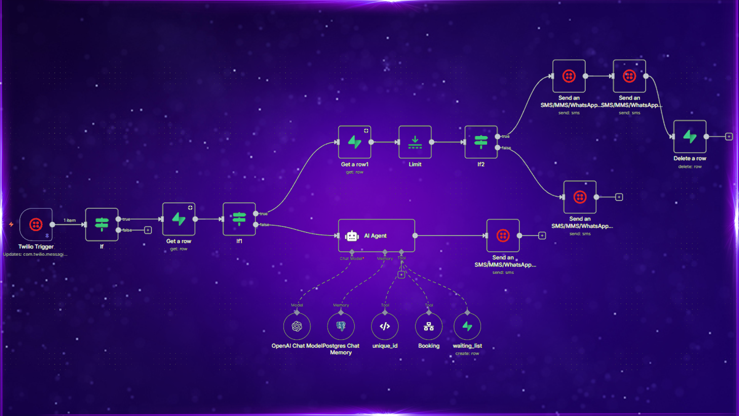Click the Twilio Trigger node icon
(36, 225)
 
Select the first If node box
(102, 225)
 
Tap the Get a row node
(179, 219)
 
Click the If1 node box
(239, 219)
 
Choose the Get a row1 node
(354, 142)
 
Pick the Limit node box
(415, 142)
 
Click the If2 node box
(481, 142)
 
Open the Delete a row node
(690, 137)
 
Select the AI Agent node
(376, 236)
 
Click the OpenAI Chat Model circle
(297, 327)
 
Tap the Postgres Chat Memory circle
(341, 327)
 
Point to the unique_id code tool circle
(385, 327)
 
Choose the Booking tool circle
(429, 327)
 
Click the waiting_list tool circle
(467, 327)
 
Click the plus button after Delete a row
(729, 137)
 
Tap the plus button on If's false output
(148, 230)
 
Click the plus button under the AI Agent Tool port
(401, 275)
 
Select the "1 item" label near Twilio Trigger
(70, 220)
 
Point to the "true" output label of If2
(505, 136)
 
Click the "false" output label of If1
(264, 225)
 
